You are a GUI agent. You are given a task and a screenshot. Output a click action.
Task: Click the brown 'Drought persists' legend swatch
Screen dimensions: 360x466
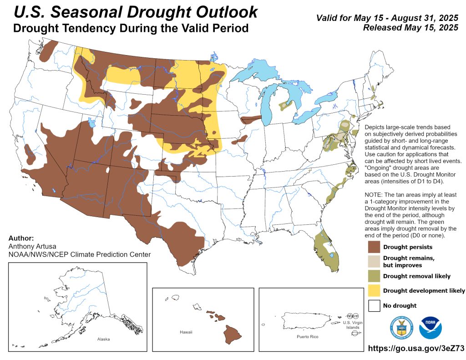pyautogui.click(x=374, y=247)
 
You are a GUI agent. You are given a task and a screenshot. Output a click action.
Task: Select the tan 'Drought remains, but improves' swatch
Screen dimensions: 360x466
pyautogui.click(x=374, y=262)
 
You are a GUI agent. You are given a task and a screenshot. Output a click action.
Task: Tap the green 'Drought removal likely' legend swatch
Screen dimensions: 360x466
pyautogui.click(x=374, y=276)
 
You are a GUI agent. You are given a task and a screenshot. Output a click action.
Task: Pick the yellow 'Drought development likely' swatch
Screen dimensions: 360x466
pyautogui.click(x=374, y=290)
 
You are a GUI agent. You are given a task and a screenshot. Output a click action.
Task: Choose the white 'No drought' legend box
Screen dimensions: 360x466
pyautogui.click(x=374, y=305)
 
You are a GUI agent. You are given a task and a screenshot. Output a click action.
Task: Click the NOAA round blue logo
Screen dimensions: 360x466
pyautogui.click(x=430, y=327)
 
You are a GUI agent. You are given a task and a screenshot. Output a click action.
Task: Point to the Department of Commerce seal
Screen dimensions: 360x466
pyautogui.click(x=400, y=327)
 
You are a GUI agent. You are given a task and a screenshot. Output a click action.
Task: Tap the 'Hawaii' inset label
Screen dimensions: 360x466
pyautogui.click(x=186, y=332)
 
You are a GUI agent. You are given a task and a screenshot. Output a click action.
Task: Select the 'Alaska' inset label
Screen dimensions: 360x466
pyautogui.click(x=103, y=339)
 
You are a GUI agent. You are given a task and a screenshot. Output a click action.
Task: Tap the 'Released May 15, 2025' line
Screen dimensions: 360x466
pyautogui.click(x=410, y=28)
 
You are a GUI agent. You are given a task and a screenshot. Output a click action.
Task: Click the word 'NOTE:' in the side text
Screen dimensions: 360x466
pyautogui.click(x=375, y=194)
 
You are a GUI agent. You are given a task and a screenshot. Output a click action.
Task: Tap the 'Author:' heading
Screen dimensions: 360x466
pyautogui.click(x=21, y=238)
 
